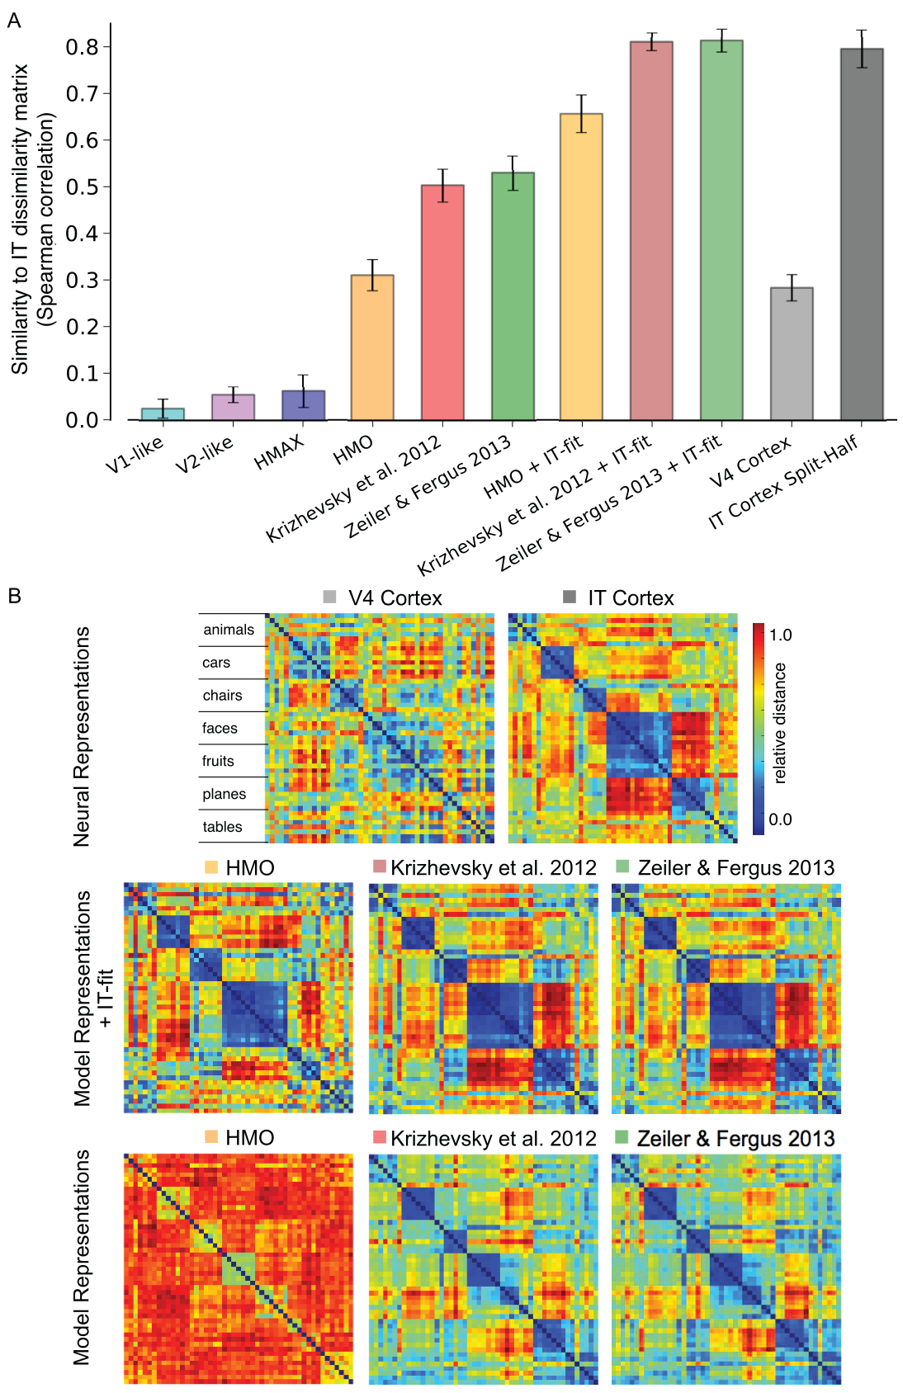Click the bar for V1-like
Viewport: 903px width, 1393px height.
point(163,414)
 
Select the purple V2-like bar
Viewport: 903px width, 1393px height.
point(234,408)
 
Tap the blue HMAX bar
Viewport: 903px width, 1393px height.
point(304,405)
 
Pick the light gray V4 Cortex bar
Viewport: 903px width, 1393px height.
point(792,354)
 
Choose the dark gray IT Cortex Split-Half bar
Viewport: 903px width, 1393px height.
point(862,234)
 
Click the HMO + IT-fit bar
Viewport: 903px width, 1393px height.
point(581,267)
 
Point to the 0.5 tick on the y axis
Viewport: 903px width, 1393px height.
point(108,187)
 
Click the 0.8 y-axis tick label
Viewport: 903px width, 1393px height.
point(82,47)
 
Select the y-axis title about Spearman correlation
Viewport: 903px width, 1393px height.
point(32,220)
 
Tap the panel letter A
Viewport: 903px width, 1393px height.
point(14,21)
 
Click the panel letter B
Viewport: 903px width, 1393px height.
point(14,596)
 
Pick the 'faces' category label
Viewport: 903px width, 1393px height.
point(220,728)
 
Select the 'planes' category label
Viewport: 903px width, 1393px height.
point(224,794)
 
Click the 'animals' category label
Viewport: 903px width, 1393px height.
point(229,630)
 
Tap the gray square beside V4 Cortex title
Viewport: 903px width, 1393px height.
point(329,597)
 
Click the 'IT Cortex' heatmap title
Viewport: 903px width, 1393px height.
point(631,597)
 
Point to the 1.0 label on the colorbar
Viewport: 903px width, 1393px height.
point(780,635)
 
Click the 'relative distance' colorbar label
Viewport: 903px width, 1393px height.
point(779,723)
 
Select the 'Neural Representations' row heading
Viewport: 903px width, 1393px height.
point(82,737)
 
